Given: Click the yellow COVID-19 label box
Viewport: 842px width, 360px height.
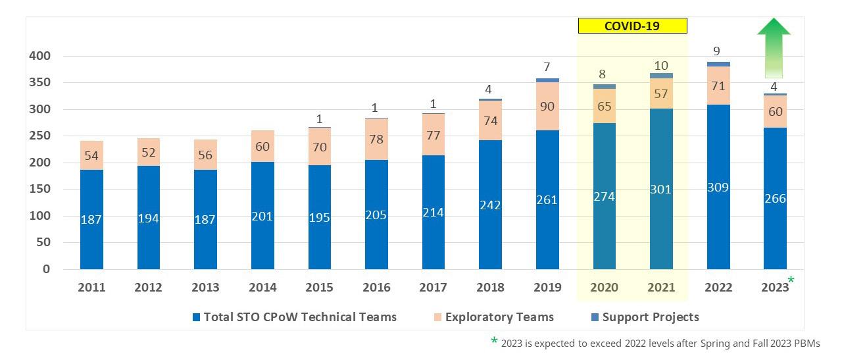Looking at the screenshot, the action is click(x=632, y=26).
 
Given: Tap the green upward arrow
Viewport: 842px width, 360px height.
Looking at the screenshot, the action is click(x=774, y=47).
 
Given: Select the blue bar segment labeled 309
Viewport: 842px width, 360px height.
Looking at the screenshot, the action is click(x=718, y=187).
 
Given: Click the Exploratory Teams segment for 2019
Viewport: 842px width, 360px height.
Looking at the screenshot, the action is click(x=547, y=106).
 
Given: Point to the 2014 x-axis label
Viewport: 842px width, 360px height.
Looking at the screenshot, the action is click(x=262, y=288).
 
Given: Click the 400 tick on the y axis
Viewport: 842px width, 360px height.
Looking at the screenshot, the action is click(x=40, y=56).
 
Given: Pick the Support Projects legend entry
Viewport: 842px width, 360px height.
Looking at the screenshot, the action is click(x=645, y=317).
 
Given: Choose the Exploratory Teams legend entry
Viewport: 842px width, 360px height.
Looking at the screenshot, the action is click(x=493, y=317).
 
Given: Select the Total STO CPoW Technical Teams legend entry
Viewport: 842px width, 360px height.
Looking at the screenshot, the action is click(x=294, y=317).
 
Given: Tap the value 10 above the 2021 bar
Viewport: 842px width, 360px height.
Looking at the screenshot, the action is click(x=661, y=66).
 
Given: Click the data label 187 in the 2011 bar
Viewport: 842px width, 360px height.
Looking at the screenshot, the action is click(x=91, y=219).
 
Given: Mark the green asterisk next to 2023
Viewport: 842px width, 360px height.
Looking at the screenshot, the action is click(x=791, y=280).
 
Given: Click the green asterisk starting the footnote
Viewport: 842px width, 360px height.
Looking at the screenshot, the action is click(x=494, y=340).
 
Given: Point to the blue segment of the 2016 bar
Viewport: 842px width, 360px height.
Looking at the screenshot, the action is click(x=376, y=215).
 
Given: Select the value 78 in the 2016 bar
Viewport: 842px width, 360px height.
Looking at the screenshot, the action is click(x=376, y=139).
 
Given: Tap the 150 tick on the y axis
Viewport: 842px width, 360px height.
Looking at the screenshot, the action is click(x=40, y=189).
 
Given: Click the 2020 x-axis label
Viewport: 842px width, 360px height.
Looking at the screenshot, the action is click(x=604, y=288).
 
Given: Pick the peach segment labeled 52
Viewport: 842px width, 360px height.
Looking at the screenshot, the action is click(x=149, y=152).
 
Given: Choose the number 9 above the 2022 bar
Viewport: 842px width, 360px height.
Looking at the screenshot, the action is click(x=717, y=51).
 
